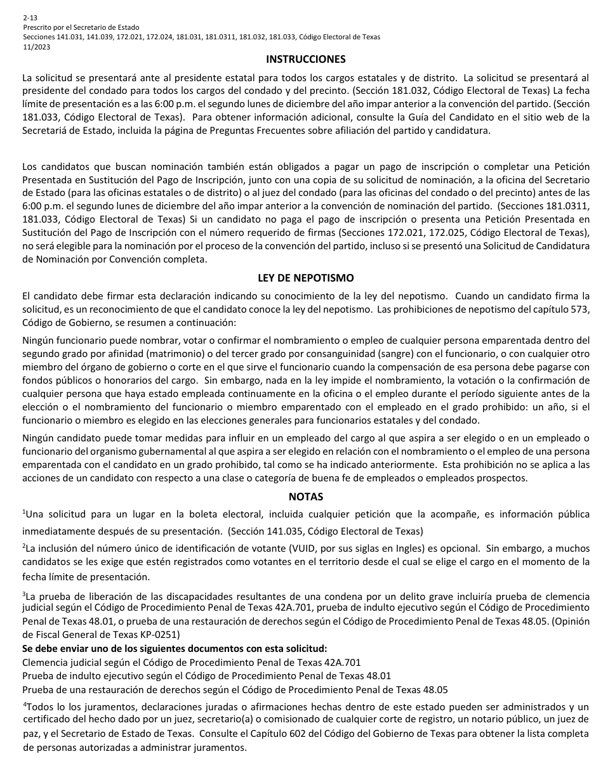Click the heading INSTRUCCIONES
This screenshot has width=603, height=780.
pyautogui.click(x=305, y=59)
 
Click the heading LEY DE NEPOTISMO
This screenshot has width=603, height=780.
pyautogui.click(x=305, y=278)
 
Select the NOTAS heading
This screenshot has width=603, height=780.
pyautogui.click(x=305, y=497)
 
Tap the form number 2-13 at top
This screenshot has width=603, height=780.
pyautogui.click(x=29, y=18)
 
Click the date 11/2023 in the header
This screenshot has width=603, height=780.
pyautogui.click(x=34, y=46)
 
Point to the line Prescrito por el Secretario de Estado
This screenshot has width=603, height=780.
pyautogui.click(x=81, y=27)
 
